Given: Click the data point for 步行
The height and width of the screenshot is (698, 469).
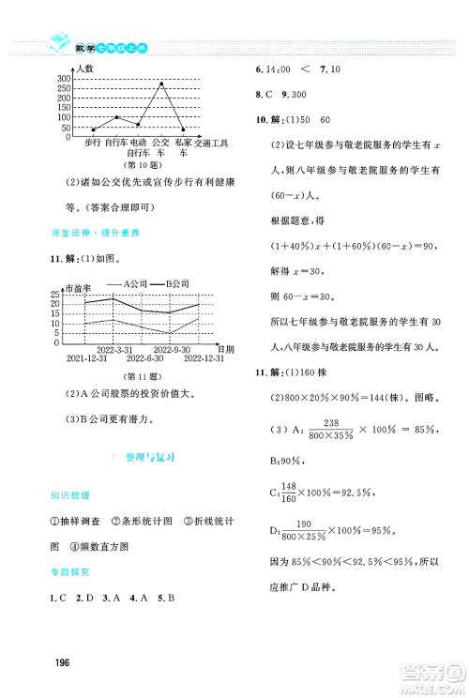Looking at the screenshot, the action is (93, 129).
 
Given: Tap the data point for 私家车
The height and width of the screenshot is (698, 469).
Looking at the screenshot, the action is (183, 129).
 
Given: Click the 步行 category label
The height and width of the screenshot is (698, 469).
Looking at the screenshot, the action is (93, 142).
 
